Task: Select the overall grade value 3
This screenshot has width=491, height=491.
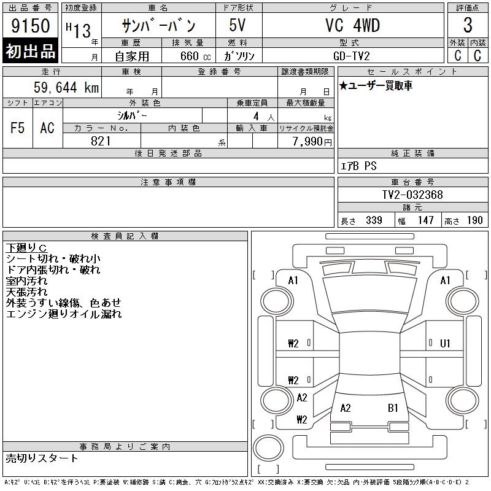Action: coord(468,26)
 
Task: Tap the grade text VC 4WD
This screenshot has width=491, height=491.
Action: coord(352,26)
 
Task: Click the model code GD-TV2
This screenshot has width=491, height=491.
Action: coord(352,56)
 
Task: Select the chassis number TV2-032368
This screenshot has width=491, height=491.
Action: coord(412,195)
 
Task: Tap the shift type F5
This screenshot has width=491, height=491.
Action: coord(17,128)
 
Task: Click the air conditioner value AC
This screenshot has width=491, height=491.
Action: coord(47,128)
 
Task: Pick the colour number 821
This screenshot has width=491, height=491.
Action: coord(101,141)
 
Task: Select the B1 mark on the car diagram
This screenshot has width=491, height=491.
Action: coord(393,408)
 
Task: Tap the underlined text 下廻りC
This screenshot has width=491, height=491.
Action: coord(26,247)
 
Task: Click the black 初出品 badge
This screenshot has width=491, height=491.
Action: coord(31,51)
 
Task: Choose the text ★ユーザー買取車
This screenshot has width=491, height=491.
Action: coord(376,86)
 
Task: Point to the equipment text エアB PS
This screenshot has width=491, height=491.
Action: coord(358,166)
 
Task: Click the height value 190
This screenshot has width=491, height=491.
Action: coord(475,220)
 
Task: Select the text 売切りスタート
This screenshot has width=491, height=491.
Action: coord(42,458)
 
